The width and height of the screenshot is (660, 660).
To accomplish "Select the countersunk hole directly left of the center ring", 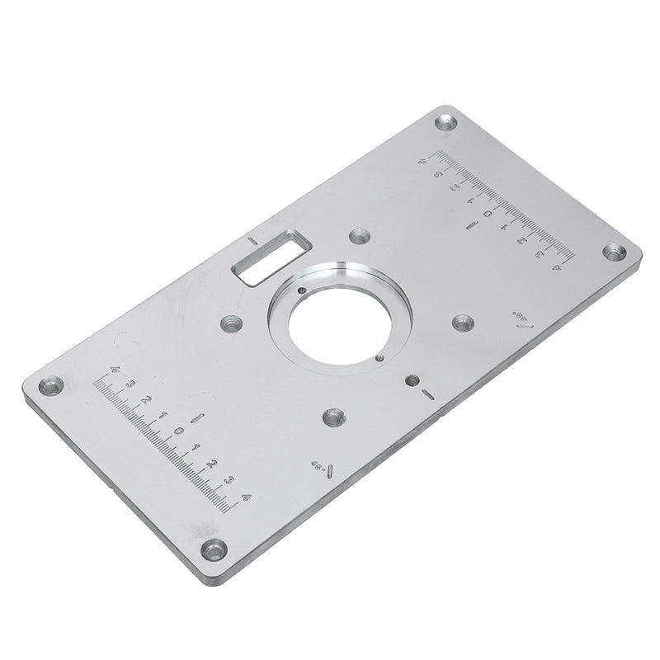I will (229, 324).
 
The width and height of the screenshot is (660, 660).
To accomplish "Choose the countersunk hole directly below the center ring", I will (333, 416).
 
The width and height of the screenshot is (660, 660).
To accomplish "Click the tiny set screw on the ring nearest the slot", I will (303, 290).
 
